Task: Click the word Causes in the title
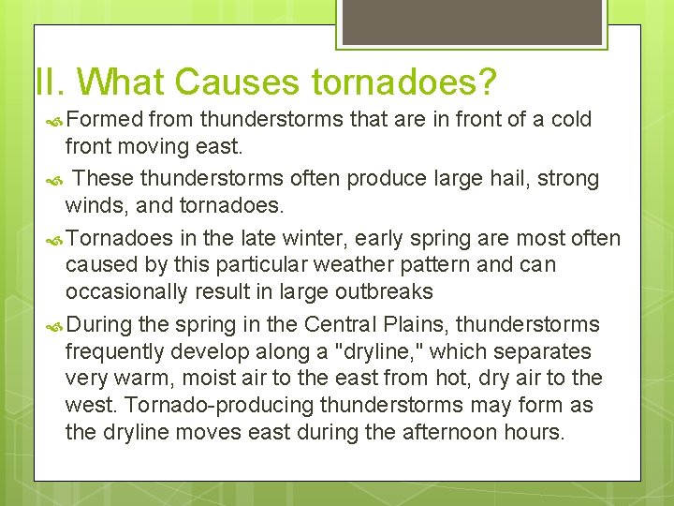[238, 82]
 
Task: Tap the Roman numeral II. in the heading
[47, 82]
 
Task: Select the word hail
[531, 178]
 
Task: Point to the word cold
[572, 120]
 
